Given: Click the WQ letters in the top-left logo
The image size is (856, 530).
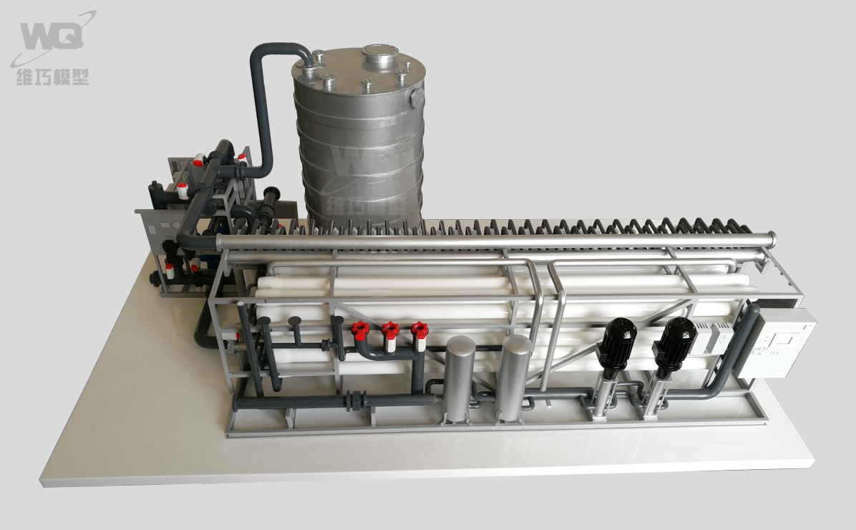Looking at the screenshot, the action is [x=52, y=37].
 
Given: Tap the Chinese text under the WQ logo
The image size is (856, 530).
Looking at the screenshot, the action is [x=52, y=77].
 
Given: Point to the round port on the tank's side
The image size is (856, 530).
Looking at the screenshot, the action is [x=418, y=98].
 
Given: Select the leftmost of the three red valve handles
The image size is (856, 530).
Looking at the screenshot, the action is [x=360, y=329].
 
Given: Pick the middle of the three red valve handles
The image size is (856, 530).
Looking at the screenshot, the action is [x=390, y=329].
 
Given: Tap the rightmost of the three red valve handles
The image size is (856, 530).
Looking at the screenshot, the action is [x=419, y=329].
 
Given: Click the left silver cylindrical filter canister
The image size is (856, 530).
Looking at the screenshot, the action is [x=459, y=379].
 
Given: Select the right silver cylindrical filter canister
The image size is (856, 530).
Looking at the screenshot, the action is [x=513, y=378].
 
